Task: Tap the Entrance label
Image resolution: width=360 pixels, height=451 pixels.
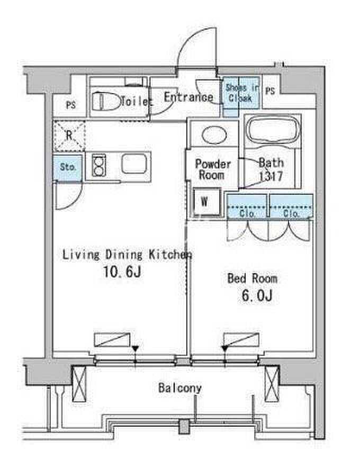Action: [x=188, y=97]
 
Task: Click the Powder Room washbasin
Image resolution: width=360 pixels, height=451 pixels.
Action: [x=213, y=134]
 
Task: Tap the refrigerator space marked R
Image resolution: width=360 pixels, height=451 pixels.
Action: [x=69, y=136]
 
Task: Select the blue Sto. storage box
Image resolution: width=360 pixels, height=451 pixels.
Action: [x=68, y=167]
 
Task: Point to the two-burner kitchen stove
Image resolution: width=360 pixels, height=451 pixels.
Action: [x=98, y=165]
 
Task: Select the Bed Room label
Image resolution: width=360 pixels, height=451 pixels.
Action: [x=252, y=278]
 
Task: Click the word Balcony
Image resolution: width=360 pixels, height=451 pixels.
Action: [x=180, y=388]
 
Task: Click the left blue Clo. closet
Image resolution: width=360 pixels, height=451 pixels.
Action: [x=247, y=206]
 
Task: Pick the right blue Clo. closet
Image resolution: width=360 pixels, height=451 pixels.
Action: [x=291, y=206]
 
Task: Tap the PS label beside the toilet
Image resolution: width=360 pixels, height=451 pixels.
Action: [x=71, y=105]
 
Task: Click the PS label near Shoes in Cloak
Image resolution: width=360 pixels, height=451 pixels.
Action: [x=270, y=91]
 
